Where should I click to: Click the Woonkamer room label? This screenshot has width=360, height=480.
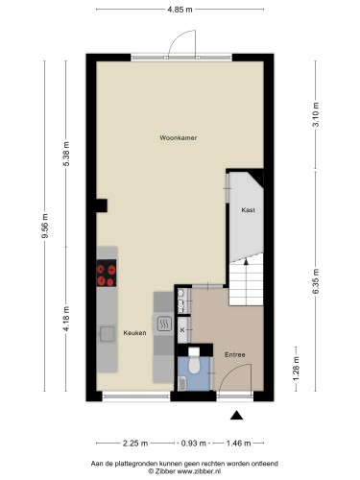coord(179,138)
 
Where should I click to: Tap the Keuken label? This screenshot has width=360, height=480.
coord(134,333)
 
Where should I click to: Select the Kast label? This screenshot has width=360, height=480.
coord(248,210)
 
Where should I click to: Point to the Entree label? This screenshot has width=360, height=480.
coord(235,354)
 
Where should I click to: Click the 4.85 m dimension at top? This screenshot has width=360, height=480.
coord(180,10)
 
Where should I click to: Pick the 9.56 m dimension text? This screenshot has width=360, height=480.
coord(45,226)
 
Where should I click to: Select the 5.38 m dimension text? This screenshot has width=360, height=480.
coord(66,154)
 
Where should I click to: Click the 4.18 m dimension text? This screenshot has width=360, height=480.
coord(66,319)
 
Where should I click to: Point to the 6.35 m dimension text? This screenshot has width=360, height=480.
coord(316,281)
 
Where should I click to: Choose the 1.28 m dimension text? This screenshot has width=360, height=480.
coord(296,369)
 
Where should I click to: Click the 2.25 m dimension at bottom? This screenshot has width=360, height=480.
coord(135,444)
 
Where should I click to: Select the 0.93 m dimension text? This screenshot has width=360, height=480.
coord(194,444)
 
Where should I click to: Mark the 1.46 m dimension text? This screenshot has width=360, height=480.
coord(238,444)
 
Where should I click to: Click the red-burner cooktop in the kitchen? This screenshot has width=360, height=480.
coord(107,273)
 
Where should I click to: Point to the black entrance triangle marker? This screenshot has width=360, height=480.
coord(236,415)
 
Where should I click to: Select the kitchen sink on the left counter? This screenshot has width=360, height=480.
coord(107,334)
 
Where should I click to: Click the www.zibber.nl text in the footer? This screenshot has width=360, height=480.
coord(198,471)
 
